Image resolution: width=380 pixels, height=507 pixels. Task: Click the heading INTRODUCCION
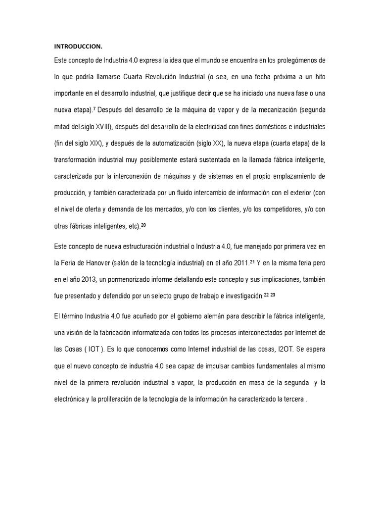point(78,47)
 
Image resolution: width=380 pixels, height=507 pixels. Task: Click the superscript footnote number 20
point(143,225)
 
